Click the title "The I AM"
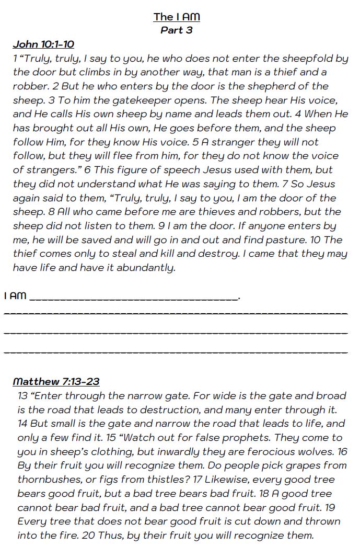(x=177, y=17)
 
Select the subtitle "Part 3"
(x=177, y=30)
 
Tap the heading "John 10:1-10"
(x=43, y=44)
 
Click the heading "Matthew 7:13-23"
(x=56, y=382)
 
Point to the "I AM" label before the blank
(x=15, y=296)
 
